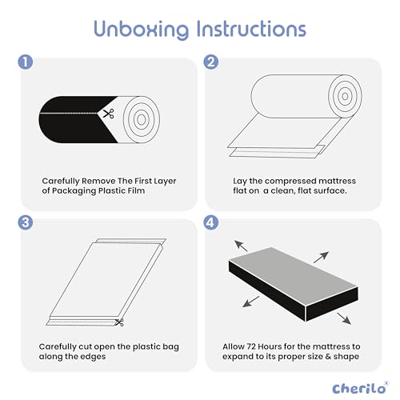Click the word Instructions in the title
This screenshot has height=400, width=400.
click(x=250, y=29)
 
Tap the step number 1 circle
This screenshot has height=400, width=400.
click(x=26, y=61)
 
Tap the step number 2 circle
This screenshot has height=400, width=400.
click(x=212, y=61)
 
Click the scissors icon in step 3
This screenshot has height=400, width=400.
click(x=118, y=322)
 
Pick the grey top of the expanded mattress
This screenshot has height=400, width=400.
click(x=296, y=268)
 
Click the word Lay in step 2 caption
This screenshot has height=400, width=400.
click(x=239, y=181)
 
